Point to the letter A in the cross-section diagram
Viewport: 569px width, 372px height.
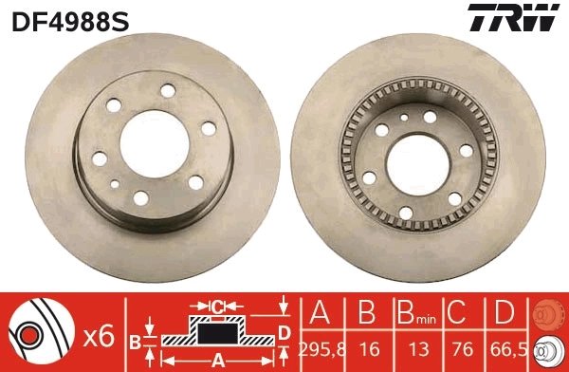(216, 360)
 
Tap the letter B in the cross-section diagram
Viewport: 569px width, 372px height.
(136, 341)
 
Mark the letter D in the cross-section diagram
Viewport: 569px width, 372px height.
(283, 332)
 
